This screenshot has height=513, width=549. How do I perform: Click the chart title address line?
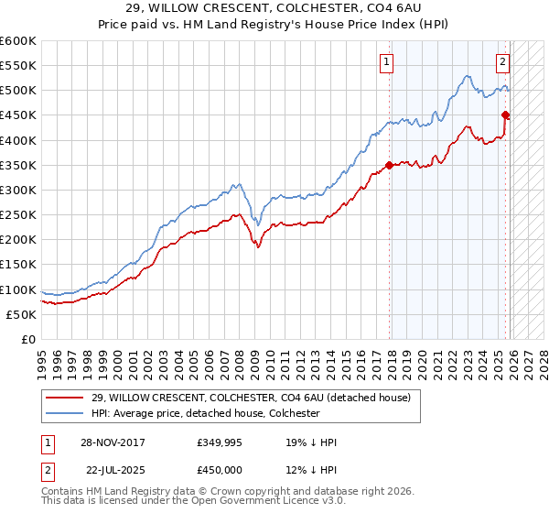pyautogui.click(x=274, y=9)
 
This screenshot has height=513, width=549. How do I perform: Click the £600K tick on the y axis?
pyautogui.click(x=18, y=41)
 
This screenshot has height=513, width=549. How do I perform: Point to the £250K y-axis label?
pyautogui.click(x=18, y=214)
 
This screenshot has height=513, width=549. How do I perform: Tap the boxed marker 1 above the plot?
pyautogui.click(x=387, y=62)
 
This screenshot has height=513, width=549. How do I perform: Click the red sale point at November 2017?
pyautogui.click(x=389, y=165)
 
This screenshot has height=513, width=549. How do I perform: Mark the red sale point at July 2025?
pyautogui.click(x=505, y=115)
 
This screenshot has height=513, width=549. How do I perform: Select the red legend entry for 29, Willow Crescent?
pyautogui.click(x=256, y=398)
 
